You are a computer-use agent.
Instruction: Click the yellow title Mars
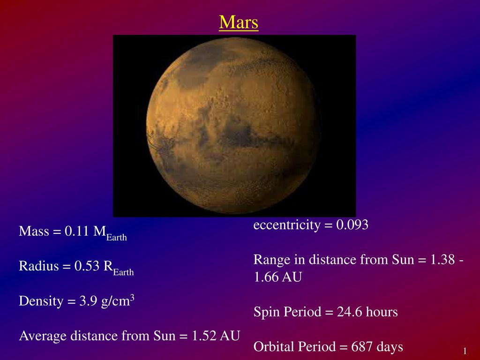coord(239,22)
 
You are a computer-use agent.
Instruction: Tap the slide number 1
coord(465,351)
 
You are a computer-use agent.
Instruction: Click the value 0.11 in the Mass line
coord(76,231)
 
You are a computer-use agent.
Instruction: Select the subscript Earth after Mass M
coord(116,237)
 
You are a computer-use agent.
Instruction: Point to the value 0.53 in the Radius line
coord(87,266)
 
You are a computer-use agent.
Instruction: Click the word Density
coord(41,301)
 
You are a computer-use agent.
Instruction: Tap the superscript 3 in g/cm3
coord(132,297)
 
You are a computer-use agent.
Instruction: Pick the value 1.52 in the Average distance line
coord(204,336)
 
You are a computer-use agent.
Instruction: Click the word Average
coord(43,336)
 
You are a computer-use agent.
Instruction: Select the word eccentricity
coord(287,225)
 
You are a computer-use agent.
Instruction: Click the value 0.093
coord(352,225)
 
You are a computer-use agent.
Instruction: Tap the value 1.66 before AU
coord(266,277)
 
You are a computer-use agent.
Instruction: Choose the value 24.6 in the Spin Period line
coord(350,312)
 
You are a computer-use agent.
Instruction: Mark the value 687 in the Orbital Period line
coord(362,347)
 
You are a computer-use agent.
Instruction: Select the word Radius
coord(38,266)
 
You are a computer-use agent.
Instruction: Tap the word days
coord(390,347)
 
